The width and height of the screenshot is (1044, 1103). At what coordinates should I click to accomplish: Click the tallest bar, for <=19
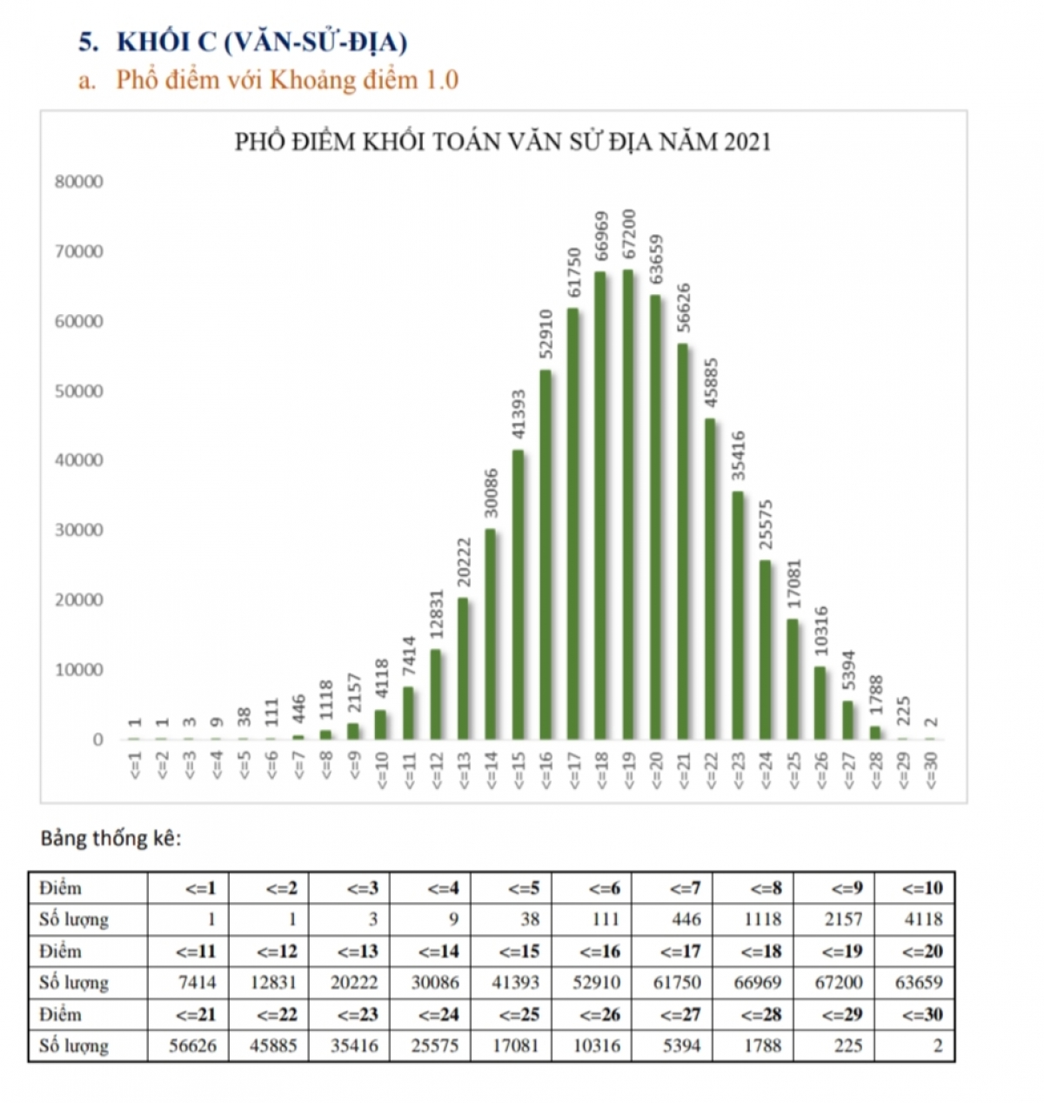(x=628, y=505)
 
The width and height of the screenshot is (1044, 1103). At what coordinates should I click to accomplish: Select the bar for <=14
(x=490, y=634)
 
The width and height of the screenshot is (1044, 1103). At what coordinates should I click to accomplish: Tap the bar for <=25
(x=793, y=679)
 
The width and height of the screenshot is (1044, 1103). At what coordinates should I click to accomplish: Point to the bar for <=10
(x=380, y=725)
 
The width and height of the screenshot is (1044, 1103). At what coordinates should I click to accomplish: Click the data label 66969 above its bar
(x=600, y=237)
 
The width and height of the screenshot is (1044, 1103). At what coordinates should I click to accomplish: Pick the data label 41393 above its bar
(x=518, y=414)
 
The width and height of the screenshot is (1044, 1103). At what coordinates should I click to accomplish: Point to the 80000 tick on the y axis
(x=79, y=181)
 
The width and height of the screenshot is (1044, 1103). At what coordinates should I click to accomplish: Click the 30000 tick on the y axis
(x=79, y=530)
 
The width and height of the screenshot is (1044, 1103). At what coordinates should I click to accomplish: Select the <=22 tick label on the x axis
(x=711, y=770)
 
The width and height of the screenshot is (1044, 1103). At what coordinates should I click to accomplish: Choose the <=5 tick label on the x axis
(x=244, y=765)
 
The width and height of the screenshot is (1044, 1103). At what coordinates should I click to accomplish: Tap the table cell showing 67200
(x=838, y=982)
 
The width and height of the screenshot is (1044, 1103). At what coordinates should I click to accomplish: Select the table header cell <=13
(x=358, y=951)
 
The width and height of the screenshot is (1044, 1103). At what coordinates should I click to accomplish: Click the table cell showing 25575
(x=435, y=1046)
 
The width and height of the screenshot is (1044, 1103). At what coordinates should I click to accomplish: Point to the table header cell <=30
(x=922, y=1014)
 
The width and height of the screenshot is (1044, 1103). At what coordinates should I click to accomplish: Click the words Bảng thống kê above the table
(x=111, y=839)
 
